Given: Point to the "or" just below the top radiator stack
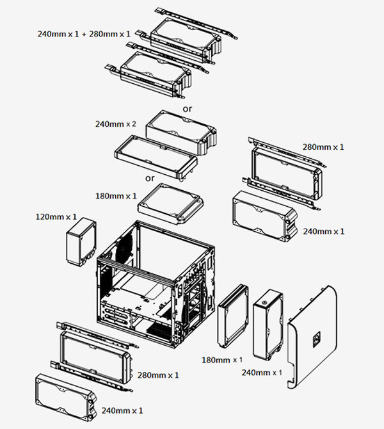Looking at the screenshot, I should pyautogui.click(x=187, y=109).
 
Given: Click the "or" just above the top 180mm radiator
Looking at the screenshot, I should pyautogui.click(x=150, y=178).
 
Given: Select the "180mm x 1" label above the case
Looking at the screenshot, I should pyautogui.click(x=115, y=195).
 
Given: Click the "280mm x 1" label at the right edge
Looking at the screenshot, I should pyautogui.click(x=323, y=147).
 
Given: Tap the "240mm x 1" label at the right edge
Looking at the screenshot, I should pyautogui.click(x=323, y=231).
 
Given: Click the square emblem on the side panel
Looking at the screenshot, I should pyautogui.click(x=316, y=337).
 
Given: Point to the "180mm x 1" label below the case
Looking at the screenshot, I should pyautogui.click(x=222, y=359).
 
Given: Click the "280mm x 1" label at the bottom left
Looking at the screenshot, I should pyautogui.click(x=158, y=375).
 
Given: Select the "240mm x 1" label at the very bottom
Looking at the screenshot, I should pyautogui.click(x=122, y=410).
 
